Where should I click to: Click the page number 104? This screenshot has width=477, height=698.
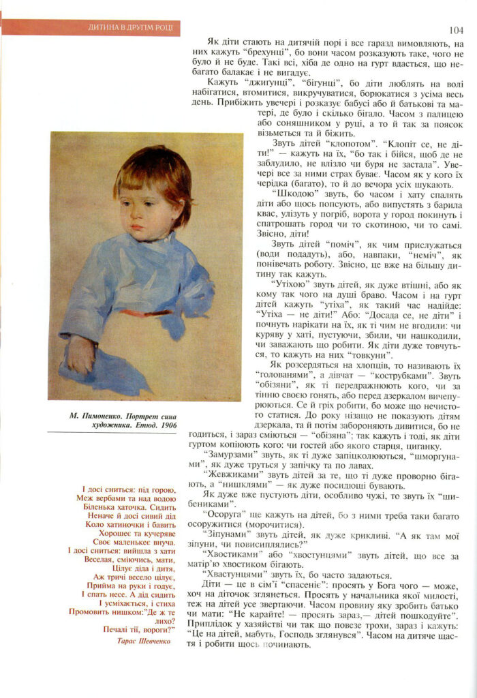(x=457, y=29)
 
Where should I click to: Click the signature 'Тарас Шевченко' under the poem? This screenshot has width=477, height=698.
(x=144, y=641)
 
